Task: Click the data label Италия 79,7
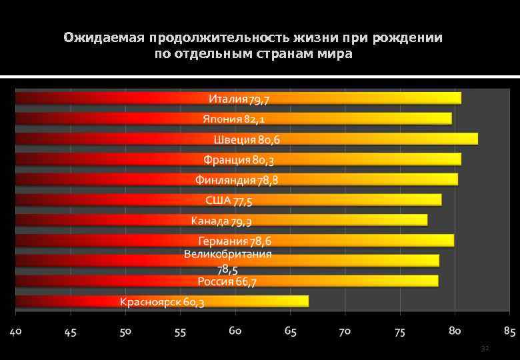point(239,99)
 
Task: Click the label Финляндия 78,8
point(237,180)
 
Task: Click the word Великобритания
point(228,254)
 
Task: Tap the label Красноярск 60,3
point(162,302)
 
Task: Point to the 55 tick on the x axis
point(181,331)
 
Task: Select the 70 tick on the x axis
point(345,331)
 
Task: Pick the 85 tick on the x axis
point(509,331)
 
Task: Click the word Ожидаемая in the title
point(105,37)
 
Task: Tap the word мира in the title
point(336,53)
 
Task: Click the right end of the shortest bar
point(308,301)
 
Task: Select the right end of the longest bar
point(477,139)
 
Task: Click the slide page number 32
point(485,348)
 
